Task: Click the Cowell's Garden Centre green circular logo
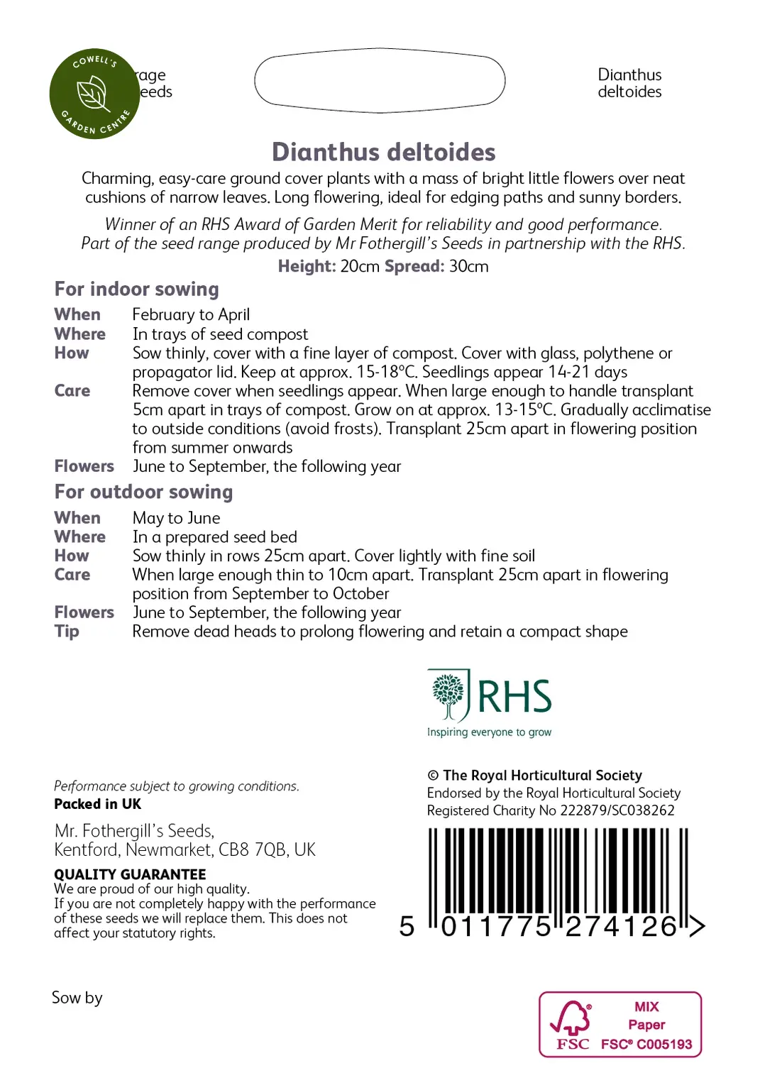[94, 94]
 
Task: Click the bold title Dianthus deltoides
[383, 152]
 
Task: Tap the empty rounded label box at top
[380, 80]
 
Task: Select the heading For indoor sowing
[136, 289]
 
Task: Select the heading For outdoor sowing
[143, 492]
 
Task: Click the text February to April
[191, 314]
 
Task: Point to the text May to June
[176, 518]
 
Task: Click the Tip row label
[67, 632]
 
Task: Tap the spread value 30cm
[468, 267]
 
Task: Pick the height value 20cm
[360, 267]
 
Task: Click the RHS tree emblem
[448, 695]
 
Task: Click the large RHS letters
[514, 696]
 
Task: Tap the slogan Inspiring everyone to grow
[489, 732]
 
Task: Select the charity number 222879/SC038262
[617, 810]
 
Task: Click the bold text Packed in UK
[97, 804]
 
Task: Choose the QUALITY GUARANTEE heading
[130, 874]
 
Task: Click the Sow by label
[77, 998]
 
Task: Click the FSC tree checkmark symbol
[572, 1018]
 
